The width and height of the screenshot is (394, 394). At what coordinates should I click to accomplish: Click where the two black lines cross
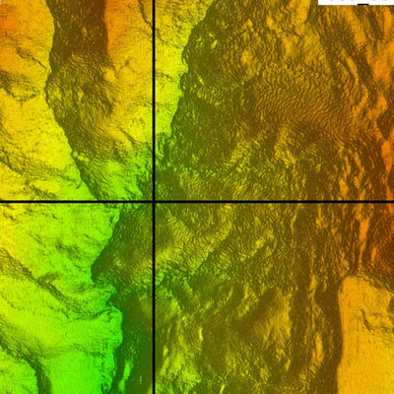[x=154, y=203]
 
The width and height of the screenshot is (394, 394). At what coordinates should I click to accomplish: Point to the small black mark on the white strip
[x=362, y=4]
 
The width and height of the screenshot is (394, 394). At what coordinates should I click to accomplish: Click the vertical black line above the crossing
[x=154, y=98]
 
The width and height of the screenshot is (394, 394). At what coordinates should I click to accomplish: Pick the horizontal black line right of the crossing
[x=276, y=203]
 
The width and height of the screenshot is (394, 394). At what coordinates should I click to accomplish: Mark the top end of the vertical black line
[x=154, y=2]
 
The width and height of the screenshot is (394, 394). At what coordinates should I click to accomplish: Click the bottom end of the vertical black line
[x=154, y=391]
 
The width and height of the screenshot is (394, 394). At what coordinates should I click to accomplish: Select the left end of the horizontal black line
[x=2, y=203]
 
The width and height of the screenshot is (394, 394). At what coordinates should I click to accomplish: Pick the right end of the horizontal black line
[x=391, y=203]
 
